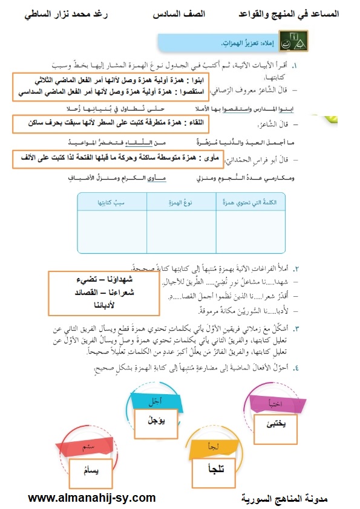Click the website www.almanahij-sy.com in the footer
[x=92, y=498]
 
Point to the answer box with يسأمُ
[x=88, y=470]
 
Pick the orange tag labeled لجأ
[x=213, y=447]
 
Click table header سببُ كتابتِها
[x=113, y=203]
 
